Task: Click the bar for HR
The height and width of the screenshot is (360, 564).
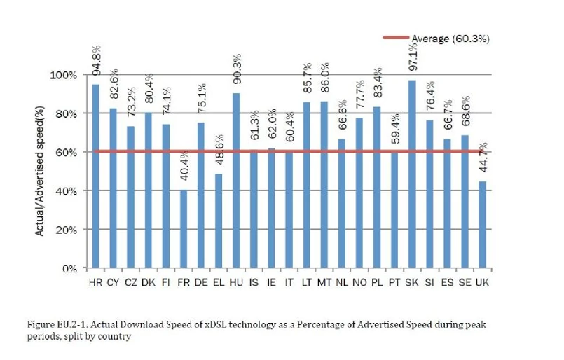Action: point(95,176)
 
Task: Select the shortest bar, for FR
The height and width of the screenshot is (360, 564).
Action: point(184,229)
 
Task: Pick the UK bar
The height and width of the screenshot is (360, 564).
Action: point(483,225)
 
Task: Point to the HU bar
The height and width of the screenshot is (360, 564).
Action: point(236,181)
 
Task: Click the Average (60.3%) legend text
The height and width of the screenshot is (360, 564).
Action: point(450,39)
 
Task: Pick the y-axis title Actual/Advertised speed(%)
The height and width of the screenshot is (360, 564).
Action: point(41,171)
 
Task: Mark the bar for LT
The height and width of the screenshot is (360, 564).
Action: point(306,185)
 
